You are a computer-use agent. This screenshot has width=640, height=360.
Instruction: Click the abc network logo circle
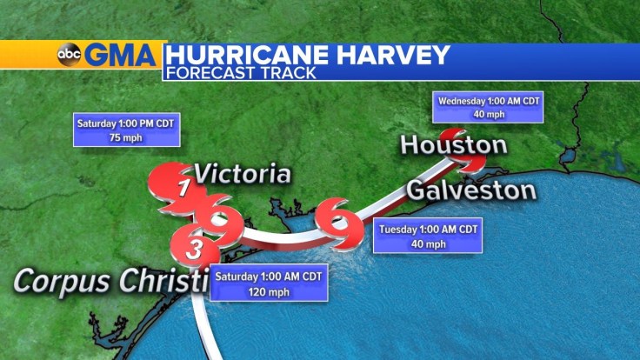point(68,56)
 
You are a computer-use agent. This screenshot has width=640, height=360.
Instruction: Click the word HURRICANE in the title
point(251,54)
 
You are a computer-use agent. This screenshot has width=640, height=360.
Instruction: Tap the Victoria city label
point(242,173)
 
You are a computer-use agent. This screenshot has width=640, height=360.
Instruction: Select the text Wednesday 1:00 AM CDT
point(489,101)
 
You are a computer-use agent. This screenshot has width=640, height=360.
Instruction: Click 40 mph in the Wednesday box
point(489,115)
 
